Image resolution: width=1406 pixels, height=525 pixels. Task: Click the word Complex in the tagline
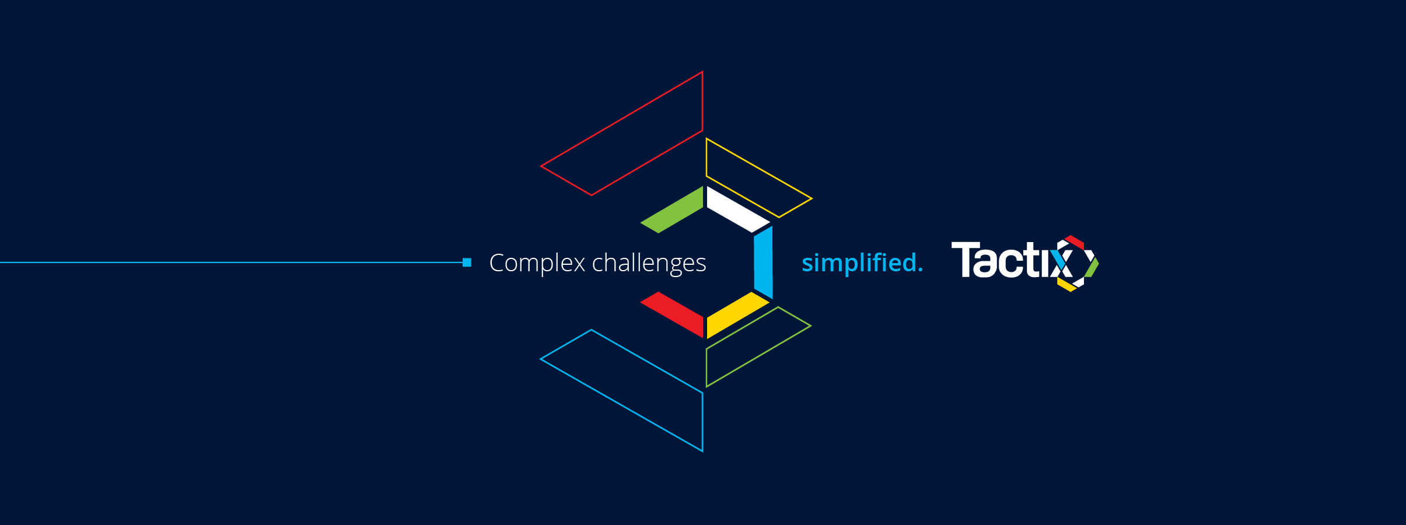[x=537, y=263]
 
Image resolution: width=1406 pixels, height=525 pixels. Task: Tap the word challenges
[x=649, y=264]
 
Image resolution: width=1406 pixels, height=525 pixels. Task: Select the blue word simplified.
[x=862, y=263]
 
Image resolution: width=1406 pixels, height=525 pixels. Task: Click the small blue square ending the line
[x=467, y=262]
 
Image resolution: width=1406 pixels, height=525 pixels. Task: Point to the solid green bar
[x=672, y=209]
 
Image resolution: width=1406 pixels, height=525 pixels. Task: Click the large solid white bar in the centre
[x=738, y=209]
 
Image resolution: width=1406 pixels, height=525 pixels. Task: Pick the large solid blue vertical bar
[x=763, y=262]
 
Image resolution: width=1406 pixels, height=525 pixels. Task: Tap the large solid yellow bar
[x=738, y=315]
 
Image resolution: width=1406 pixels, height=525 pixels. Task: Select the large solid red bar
[x=672, y=315]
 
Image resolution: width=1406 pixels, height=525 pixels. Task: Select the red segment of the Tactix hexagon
[x=1075, y=242]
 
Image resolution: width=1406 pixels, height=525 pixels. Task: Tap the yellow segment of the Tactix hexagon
[x=1066, y=285]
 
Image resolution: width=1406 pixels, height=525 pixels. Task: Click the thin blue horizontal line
[x=232, y=262]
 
